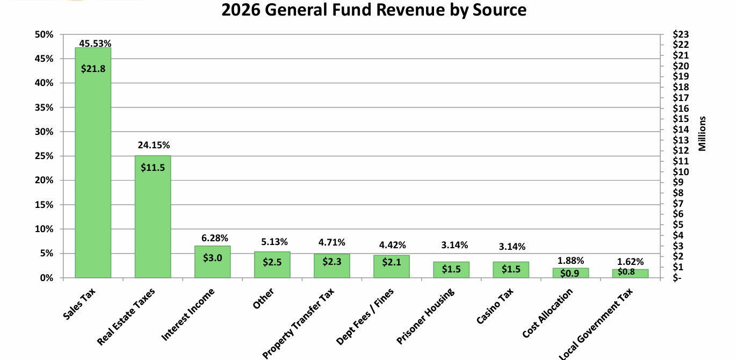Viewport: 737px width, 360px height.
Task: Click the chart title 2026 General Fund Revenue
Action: click(374, 10)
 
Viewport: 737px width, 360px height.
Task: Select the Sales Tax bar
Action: click(93, 161)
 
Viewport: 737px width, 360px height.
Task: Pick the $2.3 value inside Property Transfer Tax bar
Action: click(331, 262)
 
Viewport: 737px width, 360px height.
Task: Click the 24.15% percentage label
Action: click(153, 145)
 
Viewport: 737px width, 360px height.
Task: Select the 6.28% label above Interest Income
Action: click(212, 237)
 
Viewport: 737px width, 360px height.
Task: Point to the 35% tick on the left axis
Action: click(45, 107)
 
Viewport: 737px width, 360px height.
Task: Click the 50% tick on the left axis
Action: click(45, 34)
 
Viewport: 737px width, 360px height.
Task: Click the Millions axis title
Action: click(702, 134)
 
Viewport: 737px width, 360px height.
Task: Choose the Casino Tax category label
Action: click(495, 306)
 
